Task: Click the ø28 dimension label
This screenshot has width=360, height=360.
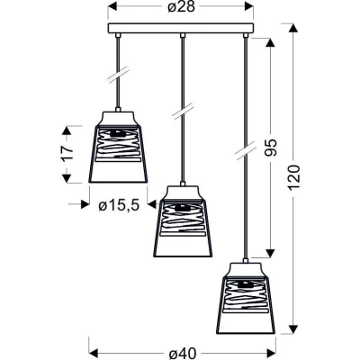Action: [181, 7]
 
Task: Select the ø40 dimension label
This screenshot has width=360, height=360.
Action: [183, 353]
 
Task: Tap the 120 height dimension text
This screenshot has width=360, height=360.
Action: [294, 177]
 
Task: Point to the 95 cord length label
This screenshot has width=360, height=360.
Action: [271, 148]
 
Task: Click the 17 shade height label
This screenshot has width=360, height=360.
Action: [68, 154]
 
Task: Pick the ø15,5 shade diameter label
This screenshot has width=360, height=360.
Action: [119, 205]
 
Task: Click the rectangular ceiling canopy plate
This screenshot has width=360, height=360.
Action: [181, 28]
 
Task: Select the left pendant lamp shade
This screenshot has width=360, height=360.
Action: [118, 147]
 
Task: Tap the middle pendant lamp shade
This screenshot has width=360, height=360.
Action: [183, 221]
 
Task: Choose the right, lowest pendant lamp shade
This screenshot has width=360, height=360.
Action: [246, 299]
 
